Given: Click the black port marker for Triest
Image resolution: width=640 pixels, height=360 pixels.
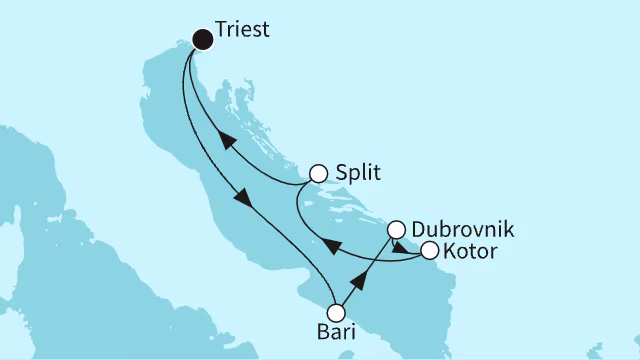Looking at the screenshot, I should tap(203, 40).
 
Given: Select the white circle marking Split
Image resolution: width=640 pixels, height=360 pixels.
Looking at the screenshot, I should tap(319, 173).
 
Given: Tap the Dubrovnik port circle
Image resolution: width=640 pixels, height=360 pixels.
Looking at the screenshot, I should tap(396, 229).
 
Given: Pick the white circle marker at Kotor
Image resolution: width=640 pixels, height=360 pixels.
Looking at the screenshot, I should tap(429, 250).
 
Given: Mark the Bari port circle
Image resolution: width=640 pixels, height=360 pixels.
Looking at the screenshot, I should tap(336, 312).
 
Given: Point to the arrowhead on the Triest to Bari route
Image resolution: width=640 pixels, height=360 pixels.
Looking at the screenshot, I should tap(242, 197).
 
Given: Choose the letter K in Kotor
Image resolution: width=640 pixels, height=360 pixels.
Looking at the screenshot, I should tap(450, 250).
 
